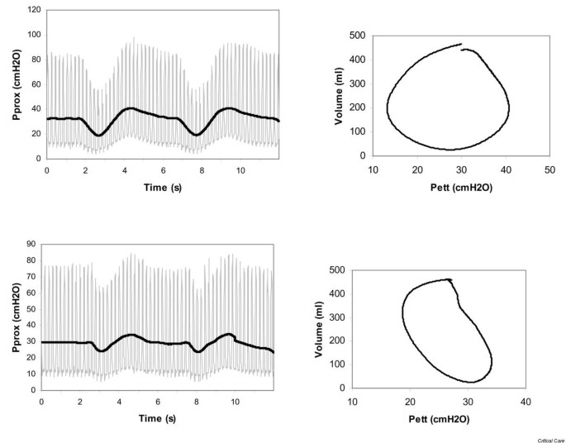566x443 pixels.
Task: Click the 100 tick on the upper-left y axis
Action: pos(32,36)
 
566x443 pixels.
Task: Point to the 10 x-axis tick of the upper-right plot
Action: pos(373,169)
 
